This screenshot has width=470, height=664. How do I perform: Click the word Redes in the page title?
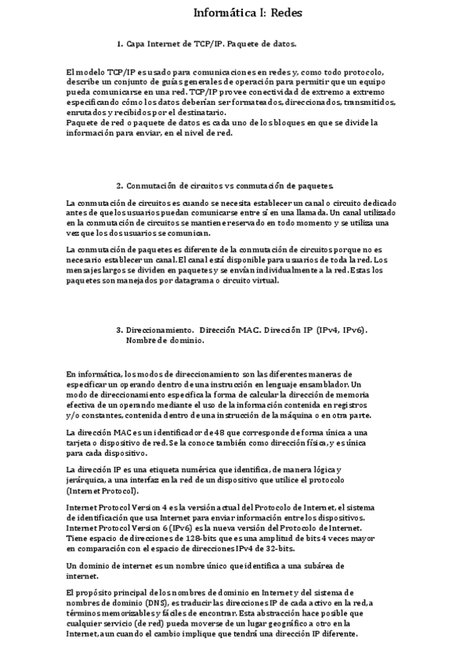273,13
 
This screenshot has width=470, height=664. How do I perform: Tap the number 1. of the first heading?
120,44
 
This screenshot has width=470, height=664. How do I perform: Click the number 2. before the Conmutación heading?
120,186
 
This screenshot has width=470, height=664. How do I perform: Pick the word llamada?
309,212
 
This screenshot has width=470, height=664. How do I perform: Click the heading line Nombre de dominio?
163,341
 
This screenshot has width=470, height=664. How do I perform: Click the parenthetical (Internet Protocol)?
103,491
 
